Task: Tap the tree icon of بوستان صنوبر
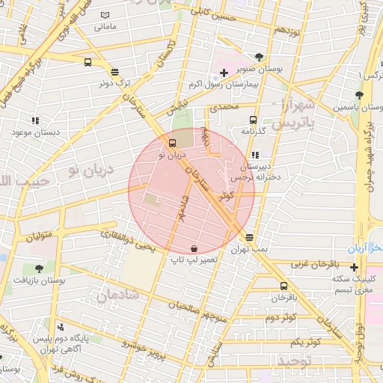click(x=259, y=56)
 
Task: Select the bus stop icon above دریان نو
click(x=173, y=143)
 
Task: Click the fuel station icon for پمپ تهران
click(x=249, y=236)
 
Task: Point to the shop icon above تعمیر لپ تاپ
click(x=194, y=248)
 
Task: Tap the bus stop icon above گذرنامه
click(x=253, y=120)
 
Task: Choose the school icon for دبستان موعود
click(x=34, y=120)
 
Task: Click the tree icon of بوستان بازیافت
click(x=39, y=268)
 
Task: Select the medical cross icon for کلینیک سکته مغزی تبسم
click(x=354, y=267)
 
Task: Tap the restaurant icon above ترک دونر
click(x=114, y=73)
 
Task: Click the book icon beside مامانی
click(x=105, y=16)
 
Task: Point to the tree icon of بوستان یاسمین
click(x=359, y=95)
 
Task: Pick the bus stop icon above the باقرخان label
click(x=283, y=286)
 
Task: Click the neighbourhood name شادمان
click(x=117, y=293)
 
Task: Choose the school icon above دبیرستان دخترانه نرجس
click(x=257, y=155)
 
